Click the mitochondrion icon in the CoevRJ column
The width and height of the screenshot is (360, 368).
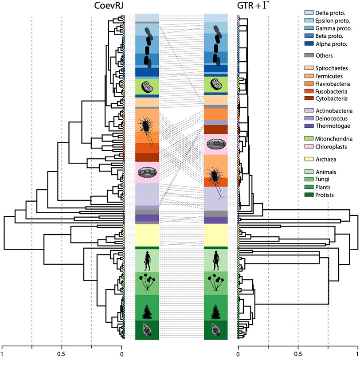(x=147, y=86)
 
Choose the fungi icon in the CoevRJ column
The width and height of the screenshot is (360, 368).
(x=147, y=283)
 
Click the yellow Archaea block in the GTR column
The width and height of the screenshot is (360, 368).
(x=216, y=235)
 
